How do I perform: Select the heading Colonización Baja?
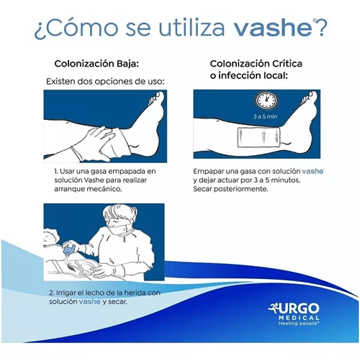(97, 64)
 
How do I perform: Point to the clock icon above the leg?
(266, 100)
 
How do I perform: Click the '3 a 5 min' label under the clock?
(265, 116)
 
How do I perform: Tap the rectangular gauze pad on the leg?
(259, 137)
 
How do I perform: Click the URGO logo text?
(299, 308)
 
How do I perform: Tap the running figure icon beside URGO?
(273, 308)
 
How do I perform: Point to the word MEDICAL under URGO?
(299, 318)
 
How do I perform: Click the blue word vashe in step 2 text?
(89, 301)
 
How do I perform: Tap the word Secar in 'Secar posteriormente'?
(202, 189)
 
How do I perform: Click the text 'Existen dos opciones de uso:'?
(105, 82)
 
